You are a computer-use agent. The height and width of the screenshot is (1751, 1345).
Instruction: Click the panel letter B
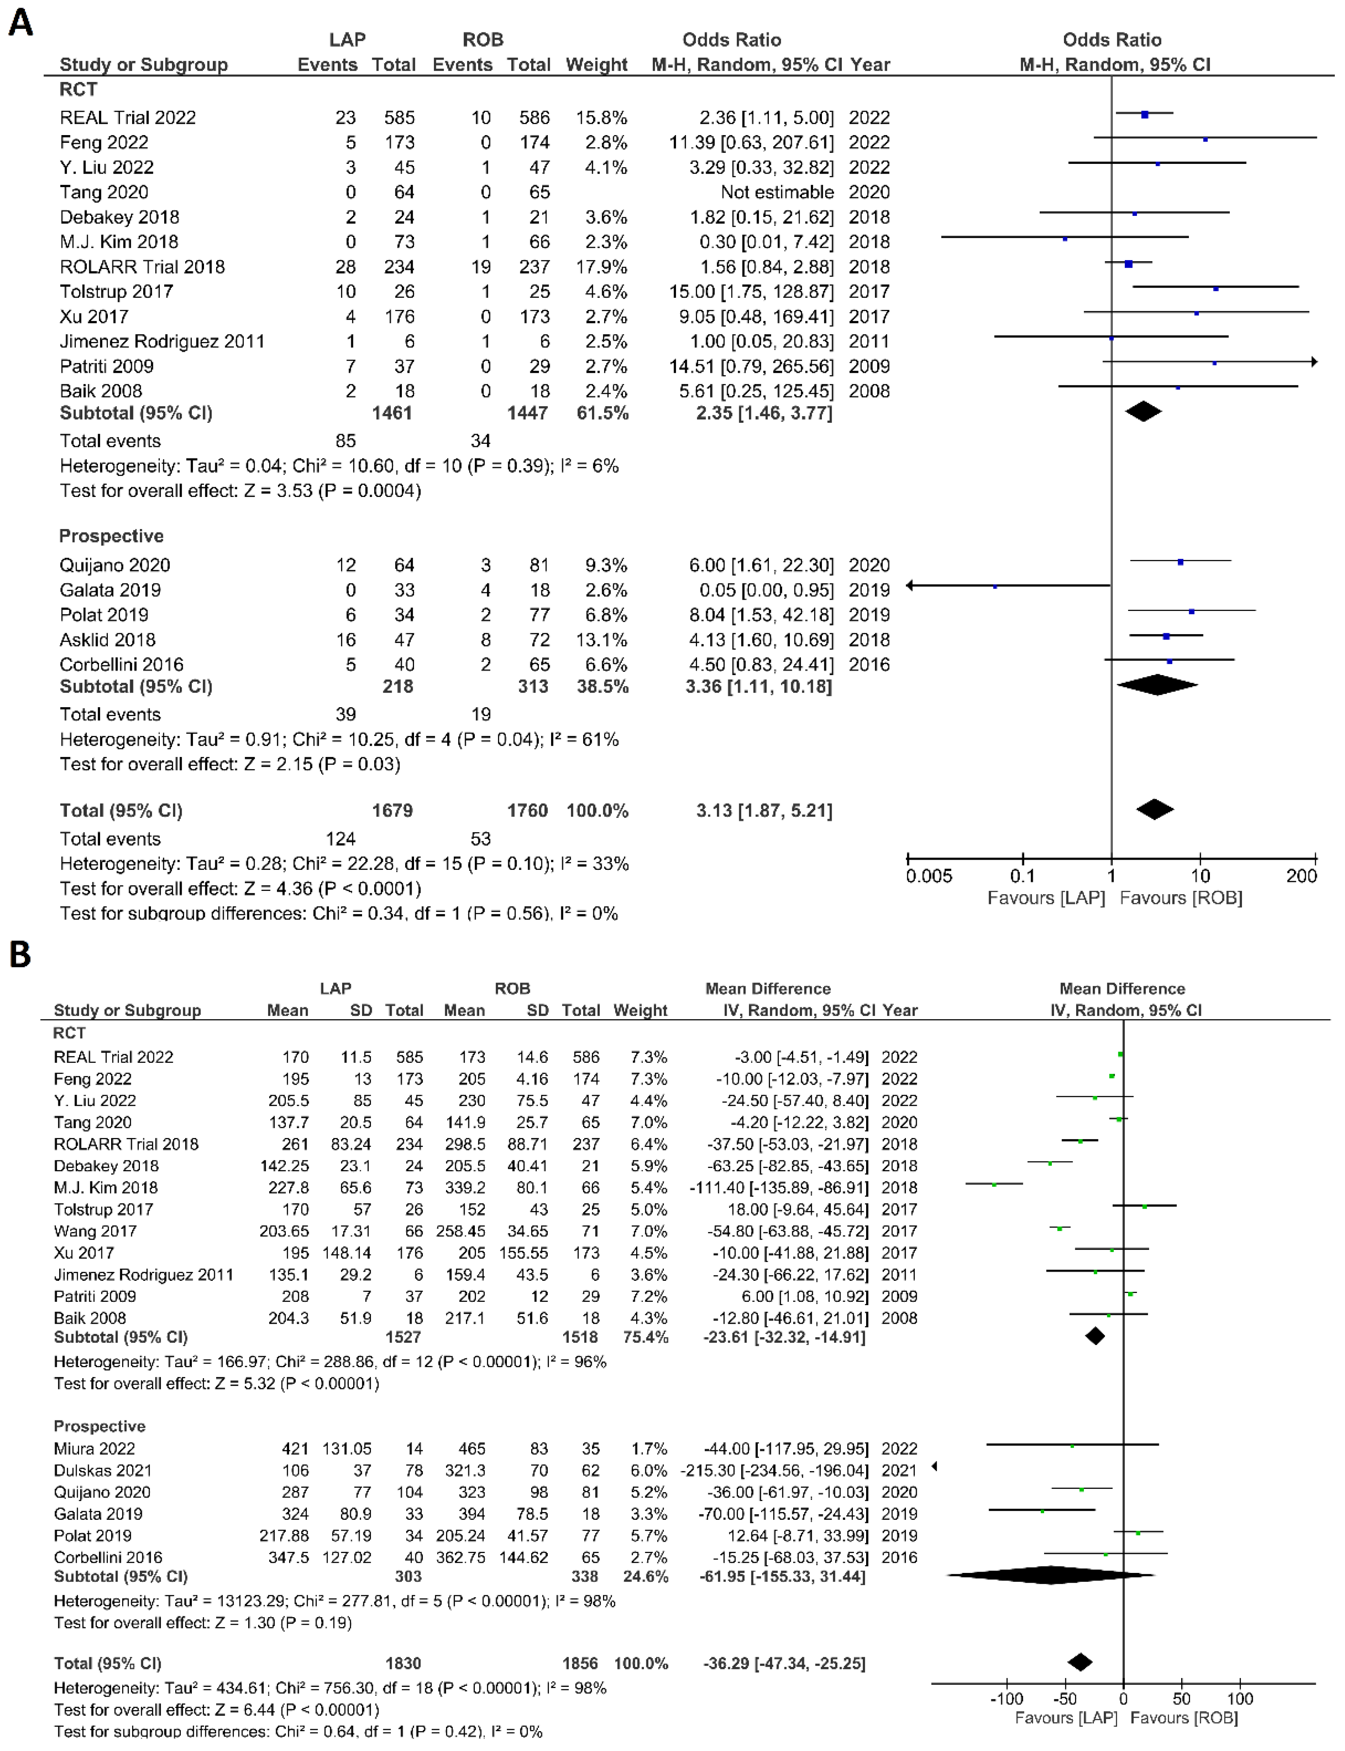click(x=20, y=954)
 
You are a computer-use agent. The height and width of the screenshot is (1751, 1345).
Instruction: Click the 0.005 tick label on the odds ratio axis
click(x=929, y=875)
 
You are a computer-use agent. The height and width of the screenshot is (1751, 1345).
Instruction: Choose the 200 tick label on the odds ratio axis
click(x=1301, y=875)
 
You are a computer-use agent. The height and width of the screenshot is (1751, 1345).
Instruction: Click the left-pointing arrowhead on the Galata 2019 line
click(x=910, y=585)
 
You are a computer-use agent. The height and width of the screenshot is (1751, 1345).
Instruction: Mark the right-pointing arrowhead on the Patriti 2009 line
click(x=1314, y=362)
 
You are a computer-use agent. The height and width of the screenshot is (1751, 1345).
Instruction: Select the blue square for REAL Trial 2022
click(x=1145, y=114)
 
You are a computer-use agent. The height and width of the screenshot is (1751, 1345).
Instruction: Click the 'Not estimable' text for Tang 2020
click(x=777, y=192)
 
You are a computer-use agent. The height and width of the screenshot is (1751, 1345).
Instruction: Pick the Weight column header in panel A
click(x=596, y=65)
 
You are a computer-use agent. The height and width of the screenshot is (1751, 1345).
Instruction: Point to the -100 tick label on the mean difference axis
click(x=1006, y=1698)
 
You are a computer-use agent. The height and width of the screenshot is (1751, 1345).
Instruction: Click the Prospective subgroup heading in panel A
click(x=111, y=536)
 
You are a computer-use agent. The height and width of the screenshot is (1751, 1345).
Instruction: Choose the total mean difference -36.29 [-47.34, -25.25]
click(x=784, y=1663)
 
